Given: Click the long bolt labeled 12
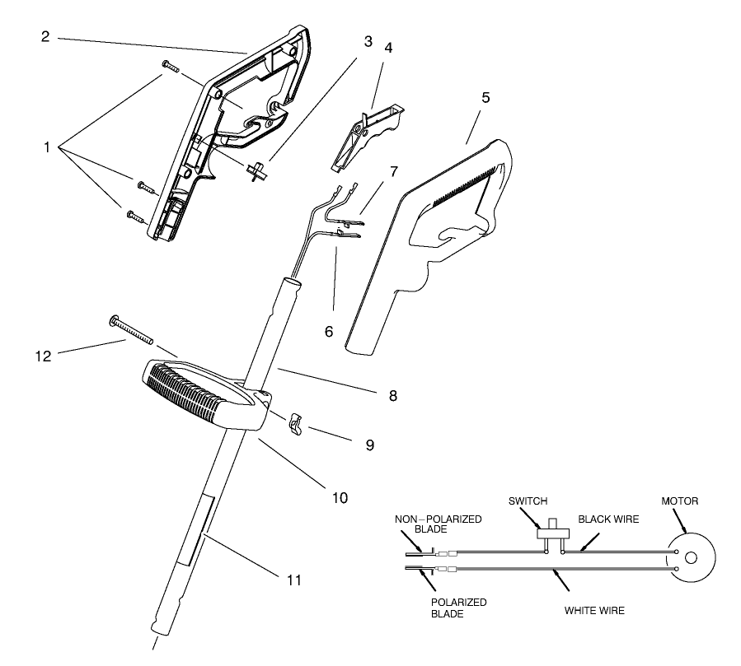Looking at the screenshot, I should (x=131, y=331).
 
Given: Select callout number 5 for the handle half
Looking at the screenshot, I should (x=485, y=98).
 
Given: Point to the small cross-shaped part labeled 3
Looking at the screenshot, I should (x=257, y=170).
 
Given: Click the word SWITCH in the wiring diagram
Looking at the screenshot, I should (x=528, y=501).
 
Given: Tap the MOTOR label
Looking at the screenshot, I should (x=682, y=501).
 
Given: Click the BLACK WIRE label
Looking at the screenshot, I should (x=608, y=519).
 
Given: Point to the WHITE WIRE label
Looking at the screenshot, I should (x=594, y=611).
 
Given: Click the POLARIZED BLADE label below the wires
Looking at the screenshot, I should (x=458, y=608).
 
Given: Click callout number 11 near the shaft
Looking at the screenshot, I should (x=293, y=580).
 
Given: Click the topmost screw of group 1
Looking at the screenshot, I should (x=171, y=66).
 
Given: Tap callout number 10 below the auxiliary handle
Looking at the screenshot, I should (x=339, y=497).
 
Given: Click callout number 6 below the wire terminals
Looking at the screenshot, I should (x=328, y=331).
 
